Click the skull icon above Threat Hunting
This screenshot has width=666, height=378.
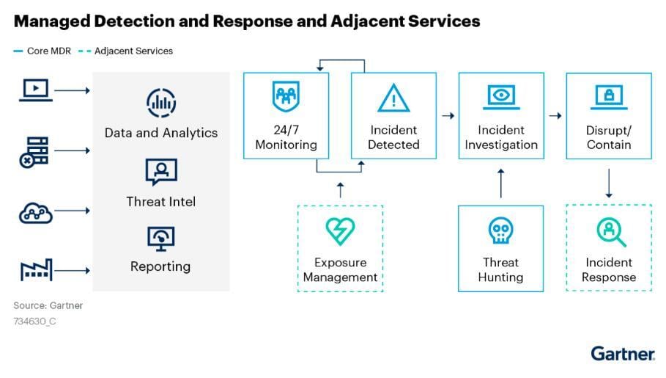pyautogui.click(x=501, y=232)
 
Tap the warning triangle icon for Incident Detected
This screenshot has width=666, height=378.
pyautogui.click(x=393, y=98)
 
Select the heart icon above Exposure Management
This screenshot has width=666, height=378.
pyautogui.click(x=340, y=232)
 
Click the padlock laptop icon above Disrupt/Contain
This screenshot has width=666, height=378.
pyautogui.click(x=608, y=96)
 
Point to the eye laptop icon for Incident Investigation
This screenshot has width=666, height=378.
pyautogui.click(x=501, y=97)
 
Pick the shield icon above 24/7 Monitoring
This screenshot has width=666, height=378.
pyautogui.click(x=286, y=96)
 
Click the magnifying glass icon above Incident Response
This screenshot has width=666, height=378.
pyautogui.click(x=609, y=232)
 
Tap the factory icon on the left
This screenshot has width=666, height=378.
pyautogui.click(x=35, y=271)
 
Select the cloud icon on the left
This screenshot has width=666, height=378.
pyautogui.click(x=35, y=212)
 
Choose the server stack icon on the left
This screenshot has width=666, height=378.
pyautogui.click(x=34, y=151)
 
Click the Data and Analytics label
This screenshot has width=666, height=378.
pyautogui.click(x=161, y=133)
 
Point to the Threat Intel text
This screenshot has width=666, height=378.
pyautogui.click(x=161, y=201)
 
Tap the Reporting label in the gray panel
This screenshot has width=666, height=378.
pyautogui.click(x=160, y=266)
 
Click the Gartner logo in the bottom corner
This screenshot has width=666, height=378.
pyautogui.click(x=623, y=353)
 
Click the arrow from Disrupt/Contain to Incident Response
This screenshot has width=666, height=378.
pyautogui.click(x=609, y=183)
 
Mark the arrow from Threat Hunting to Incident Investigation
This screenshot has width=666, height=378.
pyautogui.click(x=501, y=183)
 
